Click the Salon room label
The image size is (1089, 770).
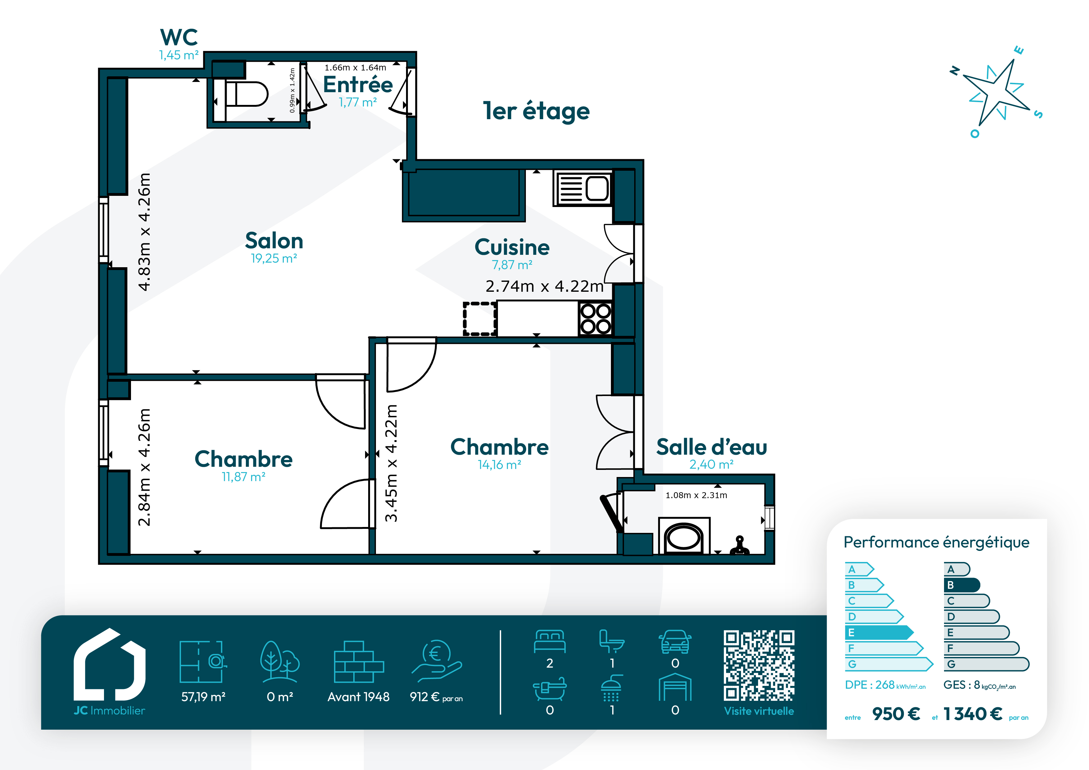coord(274,241)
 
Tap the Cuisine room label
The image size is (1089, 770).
coord(512,247)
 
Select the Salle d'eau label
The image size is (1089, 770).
coord(712,447)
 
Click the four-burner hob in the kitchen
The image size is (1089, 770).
coord(596,319)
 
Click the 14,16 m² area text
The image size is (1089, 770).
coord(499,465)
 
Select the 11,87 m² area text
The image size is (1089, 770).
coord(243,477)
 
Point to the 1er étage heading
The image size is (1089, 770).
coord(536,111)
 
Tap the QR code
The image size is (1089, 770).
coord(759,666)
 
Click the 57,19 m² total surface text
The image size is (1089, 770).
coord(203,697)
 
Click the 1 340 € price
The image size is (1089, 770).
coord(973,714)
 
